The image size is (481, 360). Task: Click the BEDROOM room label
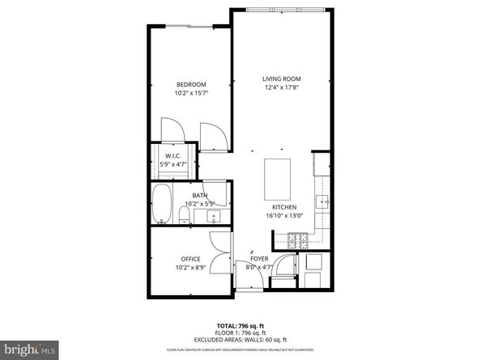point(192,84)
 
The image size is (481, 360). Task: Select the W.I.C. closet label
point(172,155)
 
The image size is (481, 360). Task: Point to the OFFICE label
point(191,259)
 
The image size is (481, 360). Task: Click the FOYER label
point(258,259)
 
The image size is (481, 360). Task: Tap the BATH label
point(199,195)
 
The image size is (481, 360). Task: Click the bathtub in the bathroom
point(162,205)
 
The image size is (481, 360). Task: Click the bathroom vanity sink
point(213,217)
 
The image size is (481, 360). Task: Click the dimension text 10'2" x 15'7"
point(192,94)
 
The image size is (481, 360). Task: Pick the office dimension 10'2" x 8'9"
point(191,268)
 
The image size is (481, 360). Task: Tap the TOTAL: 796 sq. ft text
point(240,324)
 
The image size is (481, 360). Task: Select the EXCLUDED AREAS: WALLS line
point(240,339)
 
